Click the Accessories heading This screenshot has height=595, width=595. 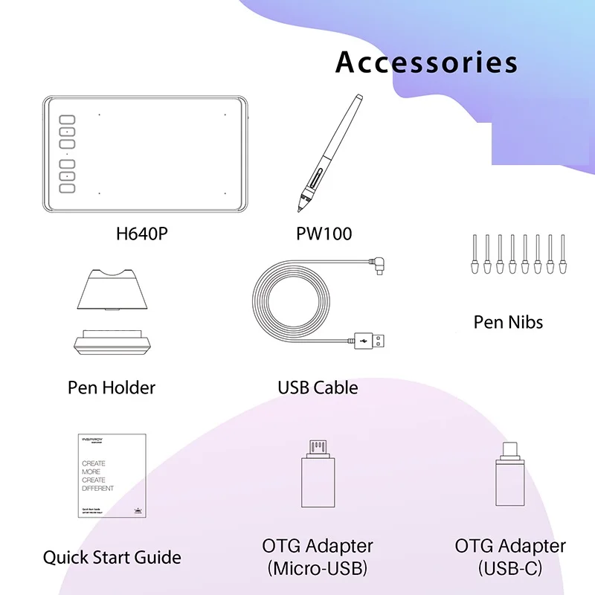(426, 62)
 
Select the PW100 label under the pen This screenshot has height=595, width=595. (324, 234)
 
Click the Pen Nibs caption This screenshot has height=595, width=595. (508, 322)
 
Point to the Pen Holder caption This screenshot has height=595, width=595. (112, 387)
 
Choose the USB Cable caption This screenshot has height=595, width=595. (318, 387)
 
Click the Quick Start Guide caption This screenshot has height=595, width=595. (112, 556)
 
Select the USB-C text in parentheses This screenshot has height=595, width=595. (510, 569)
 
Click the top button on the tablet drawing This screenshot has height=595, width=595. (68, 119)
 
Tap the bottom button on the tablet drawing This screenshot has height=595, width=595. (68, 188)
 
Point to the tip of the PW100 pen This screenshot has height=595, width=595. (302, 205)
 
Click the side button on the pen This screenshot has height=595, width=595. (318, 178)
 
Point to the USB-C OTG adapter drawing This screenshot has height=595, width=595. (511, 476)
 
